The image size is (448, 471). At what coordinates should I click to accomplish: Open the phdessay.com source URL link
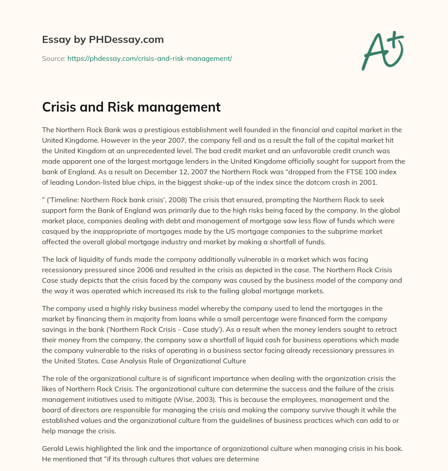150,58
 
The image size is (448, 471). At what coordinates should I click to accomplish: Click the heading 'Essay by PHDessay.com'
103,40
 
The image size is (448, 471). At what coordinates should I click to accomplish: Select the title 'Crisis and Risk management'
131,107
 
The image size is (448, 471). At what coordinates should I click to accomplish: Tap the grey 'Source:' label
53,58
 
